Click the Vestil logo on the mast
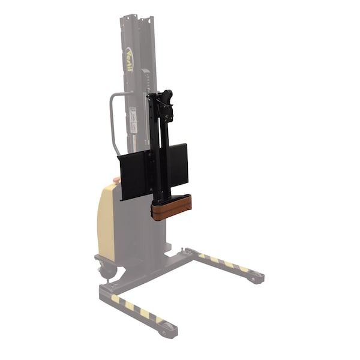(130, 59)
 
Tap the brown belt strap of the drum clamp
(172, 208)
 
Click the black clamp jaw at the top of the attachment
(166, 97)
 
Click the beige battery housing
(107, 213)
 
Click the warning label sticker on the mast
(133, 120)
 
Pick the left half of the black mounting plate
(134, 174)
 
